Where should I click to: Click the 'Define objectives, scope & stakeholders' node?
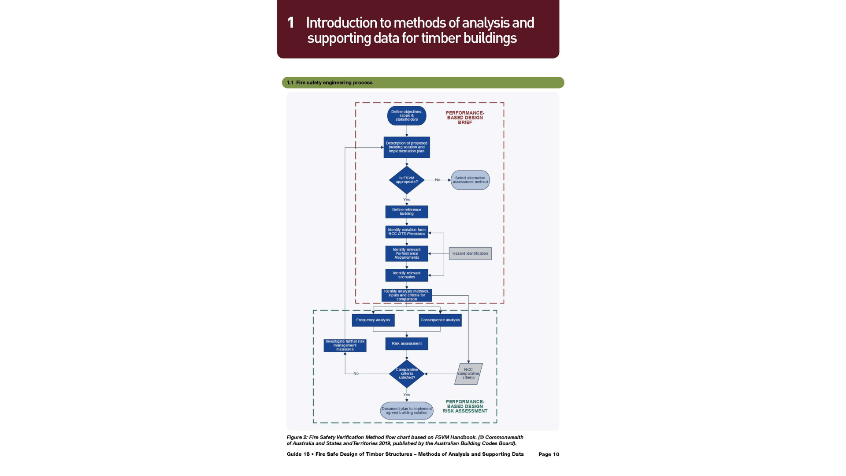point(406,115)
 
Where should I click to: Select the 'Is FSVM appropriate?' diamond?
point(406,180)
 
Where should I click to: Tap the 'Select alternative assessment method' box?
point(470,180)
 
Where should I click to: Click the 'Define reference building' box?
point(406,212)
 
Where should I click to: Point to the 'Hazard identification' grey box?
point(470,253)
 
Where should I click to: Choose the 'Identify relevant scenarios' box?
point(406,275)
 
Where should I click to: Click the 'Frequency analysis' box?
point(373,320)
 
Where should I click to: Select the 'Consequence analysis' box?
point(440,320)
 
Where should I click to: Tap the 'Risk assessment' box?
point(406,343)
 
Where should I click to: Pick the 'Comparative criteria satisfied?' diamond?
point(406,374)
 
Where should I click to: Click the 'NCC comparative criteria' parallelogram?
point(468,374)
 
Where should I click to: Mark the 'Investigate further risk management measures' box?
point(345,345)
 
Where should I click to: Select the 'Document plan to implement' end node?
point(406,410)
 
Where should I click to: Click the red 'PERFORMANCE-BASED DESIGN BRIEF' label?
point(465,118)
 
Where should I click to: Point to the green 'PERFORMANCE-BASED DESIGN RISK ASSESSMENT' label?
point(465,406)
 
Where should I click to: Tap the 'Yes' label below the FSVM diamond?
point(406,200)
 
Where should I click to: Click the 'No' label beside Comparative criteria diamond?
point(356,374)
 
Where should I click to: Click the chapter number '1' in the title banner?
point(290,23)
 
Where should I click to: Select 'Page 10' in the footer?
point(549,454)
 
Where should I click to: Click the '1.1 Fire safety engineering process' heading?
point(330,82)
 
